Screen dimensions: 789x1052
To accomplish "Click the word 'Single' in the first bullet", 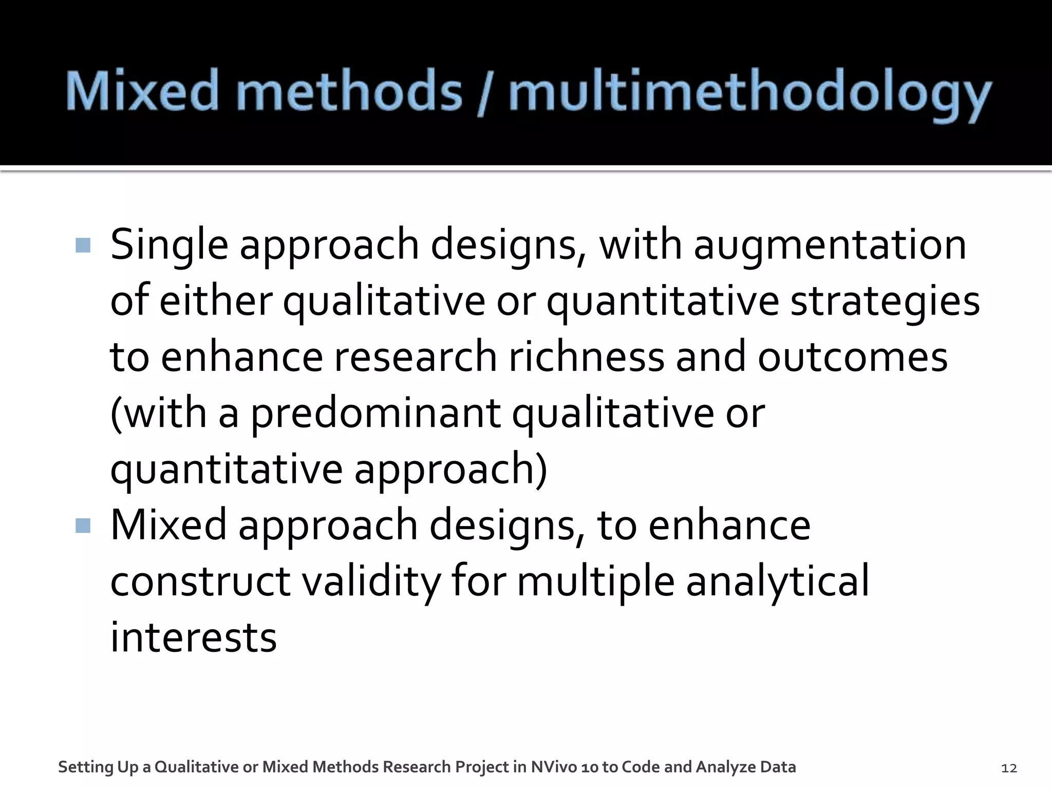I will coord(169,246).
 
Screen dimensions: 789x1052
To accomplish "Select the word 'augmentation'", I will coord(830,246).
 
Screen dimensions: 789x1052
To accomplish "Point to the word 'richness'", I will coord(586,357).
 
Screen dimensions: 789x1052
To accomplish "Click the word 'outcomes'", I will coord(852,357).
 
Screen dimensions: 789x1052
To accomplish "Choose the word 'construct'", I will coord(200,581).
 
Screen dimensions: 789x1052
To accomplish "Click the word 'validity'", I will coord(370,581).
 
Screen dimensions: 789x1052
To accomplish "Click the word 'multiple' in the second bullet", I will coord(595,581).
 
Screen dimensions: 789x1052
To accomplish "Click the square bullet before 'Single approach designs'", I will coord(83,245).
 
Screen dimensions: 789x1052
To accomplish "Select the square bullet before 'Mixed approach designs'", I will coord(83,525).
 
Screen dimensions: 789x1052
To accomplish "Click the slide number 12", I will coord(1009,768).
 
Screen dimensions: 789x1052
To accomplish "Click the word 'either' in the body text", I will coord(215,302).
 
